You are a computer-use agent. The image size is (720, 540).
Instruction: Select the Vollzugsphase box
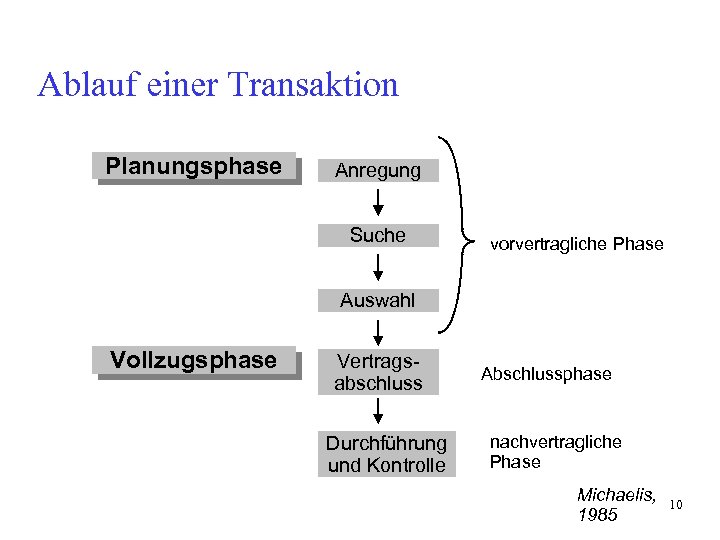coord(194,361)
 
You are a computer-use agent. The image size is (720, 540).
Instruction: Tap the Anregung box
coord(378,171)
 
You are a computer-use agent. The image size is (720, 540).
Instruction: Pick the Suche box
coord(378,236)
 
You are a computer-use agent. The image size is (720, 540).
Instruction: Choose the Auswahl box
coord(378,300)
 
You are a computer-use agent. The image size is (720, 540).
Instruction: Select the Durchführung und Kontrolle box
coord(386,454)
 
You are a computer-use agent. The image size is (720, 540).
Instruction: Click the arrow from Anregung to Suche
coord(378,203)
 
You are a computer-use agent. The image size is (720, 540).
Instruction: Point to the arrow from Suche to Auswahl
coord(378,268)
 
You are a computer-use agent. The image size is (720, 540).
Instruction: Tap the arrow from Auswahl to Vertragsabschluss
coord(379,331)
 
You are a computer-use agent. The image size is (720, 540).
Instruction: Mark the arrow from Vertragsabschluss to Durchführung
coord(379,412)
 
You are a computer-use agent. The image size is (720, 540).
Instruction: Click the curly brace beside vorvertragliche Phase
coord(459,236)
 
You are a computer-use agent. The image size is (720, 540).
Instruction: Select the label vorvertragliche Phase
coord(576,244)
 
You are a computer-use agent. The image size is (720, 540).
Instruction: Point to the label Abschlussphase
coord(546,374)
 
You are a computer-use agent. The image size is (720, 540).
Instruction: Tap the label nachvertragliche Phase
coord(555,452)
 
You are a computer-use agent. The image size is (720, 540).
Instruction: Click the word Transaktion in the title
coord(313,85)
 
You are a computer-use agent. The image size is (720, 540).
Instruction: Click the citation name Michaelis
coord(616,495)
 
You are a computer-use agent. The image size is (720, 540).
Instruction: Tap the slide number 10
coord(675,504)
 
